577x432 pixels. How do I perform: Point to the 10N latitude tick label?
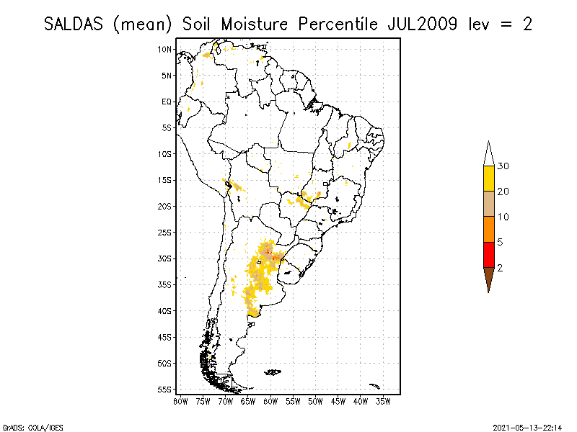(x=164, y=49)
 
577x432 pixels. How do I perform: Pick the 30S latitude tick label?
(x=164, y=258)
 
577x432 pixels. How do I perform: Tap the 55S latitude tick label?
(x=164, y=390)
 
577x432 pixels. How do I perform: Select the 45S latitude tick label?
(x=164, y=337)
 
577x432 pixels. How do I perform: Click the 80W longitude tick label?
(x=180, y=400)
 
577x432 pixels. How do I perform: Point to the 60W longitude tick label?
(x=270, y=400)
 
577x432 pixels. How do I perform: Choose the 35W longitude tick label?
(x=383, y=400)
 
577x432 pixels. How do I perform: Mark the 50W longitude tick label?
(x=315, y=400)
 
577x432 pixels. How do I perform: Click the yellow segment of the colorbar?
(x=488, y=178)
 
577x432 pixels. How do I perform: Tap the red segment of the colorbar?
(x=488, y=254)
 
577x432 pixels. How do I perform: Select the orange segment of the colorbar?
(x=488, y=229)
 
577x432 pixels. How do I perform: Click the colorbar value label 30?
(x=503, y=166)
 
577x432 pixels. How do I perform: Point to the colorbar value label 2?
(x=500, y=267)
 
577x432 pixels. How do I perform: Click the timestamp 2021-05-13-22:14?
(x=528, y=426)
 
